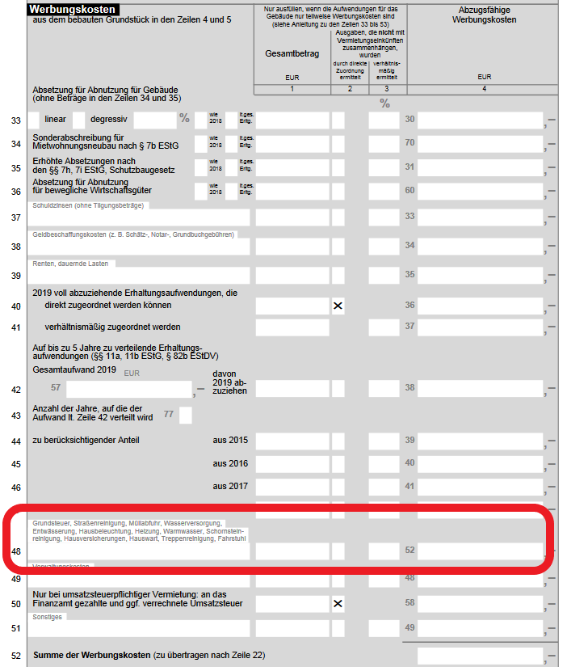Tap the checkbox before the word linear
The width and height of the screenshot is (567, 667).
[x=33, y=120]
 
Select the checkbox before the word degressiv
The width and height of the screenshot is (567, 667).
[x=78, y=120]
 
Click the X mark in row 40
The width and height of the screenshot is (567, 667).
[x=338, y=306]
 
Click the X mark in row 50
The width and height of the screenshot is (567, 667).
[x=338, y=603]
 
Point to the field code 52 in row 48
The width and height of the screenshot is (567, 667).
[x=409, y=551]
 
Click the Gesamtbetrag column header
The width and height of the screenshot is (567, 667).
[x=292, y=54]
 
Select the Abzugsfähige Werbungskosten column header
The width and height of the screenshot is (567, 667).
[x=485, y=15]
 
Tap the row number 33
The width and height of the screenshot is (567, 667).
[x=15, y=120]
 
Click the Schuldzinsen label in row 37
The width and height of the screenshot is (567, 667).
[x=89, y=205]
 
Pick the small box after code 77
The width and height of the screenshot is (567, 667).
[x=185, y=416]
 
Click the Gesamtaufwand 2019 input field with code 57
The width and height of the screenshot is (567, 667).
[x=128, y=389]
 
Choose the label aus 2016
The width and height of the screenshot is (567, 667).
[x=230, y=463]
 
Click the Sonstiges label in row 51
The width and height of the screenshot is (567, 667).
[x=48, y=617]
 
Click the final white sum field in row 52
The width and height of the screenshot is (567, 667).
[x=480, y=656]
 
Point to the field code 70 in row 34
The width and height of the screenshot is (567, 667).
[x=409, y=143]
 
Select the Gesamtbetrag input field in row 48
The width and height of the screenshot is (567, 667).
[x=292, y=551]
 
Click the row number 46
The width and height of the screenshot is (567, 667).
[x=15, y=488]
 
